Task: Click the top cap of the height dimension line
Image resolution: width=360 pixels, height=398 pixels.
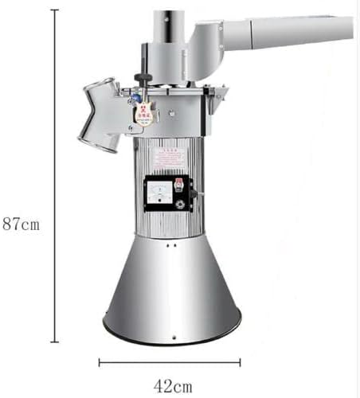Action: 54,10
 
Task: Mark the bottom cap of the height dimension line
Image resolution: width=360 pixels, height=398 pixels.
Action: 54,341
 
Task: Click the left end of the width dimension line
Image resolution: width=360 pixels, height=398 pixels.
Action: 100,362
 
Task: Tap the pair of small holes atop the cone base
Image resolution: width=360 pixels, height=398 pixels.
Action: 171,246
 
